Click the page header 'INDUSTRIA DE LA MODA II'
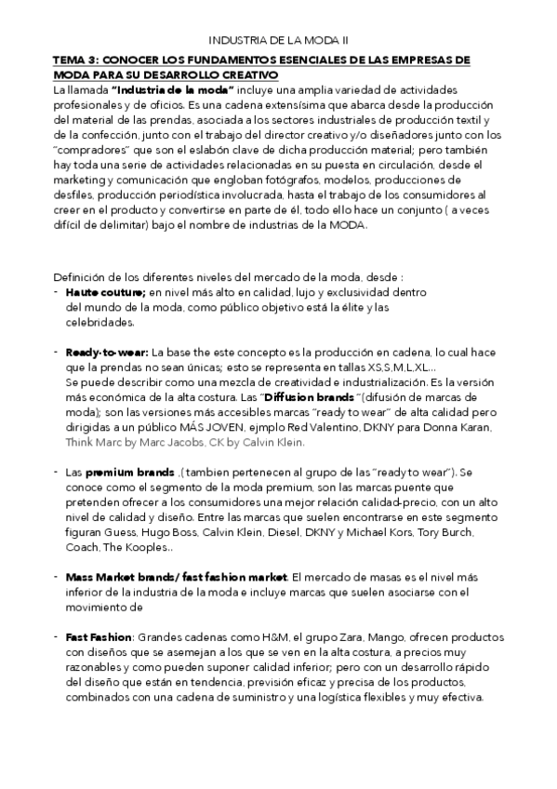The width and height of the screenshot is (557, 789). pyautogui.click(x=278, y=40)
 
